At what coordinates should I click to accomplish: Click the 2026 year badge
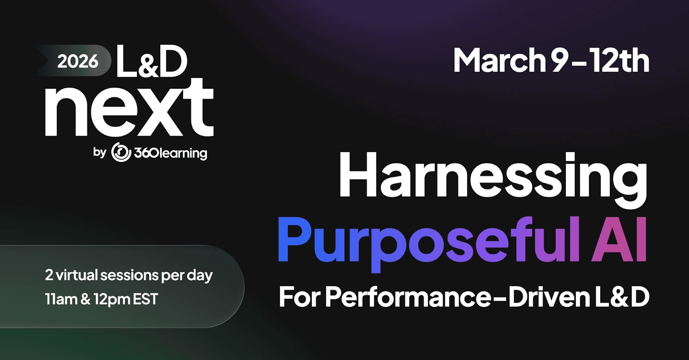pyautogui.click(x=73, y=61)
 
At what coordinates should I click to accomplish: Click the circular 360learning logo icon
pyautogui.click(x=121, y=152)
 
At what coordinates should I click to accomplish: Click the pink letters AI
pyautogui.click(x=619, y=239)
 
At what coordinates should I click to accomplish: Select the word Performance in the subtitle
pyautogui.click(x=408, y=297)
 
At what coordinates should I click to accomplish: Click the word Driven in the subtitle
pyautogui.click(x=549, y=297)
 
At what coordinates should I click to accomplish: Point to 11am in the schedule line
pyautogui.click(x=61, y=299)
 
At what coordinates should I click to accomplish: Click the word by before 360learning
pyautogui.click(x=99, y=152)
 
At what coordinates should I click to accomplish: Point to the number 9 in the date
pyautogui.click(x=559, y=60)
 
